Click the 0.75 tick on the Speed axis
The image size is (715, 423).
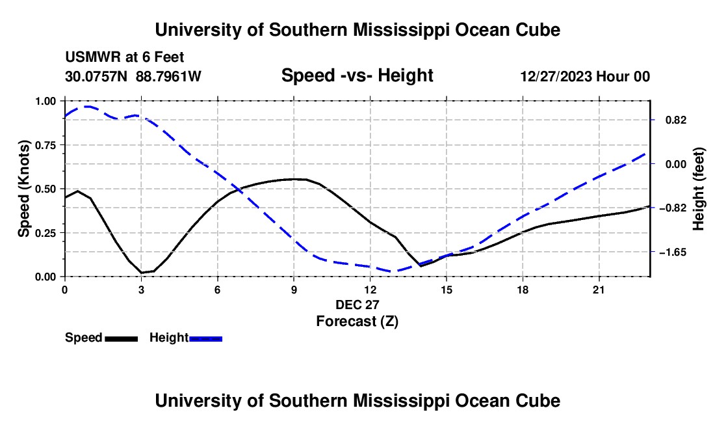[45, 145]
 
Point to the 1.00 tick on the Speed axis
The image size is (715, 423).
[45, 101]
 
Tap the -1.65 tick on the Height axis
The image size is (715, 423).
[673, 252]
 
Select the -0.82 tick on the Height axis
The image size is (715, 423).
[673, 208]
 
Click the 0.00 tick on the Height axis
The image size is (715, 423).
[676, 164]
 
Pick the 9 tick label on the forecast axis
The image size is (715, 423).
[294, 290]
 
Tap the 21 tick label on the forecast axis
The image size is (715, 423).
[599, 290]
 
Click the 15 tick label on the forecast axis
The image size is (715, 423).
[447, 290]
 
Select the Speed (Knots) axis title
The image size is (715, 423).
[23, 189]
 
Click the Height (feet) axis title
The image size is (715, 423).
[699, 189]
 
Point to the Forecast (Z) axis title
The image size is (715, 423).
[357, 321]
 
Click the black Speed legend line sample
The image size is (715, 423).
[122, 338]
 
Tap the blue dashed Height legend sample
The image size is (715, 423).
[205, 338]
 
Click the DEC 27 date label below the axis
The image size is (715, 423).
[357, 305]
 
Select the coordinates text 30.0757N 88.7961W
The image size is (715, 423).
[133, 76]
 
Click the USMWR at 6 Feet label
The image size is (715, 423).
[125, 57]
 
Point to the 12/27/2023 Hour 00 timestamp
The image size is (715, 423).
[585, 76]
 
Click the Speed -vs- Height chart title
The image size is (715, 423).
[357, 75]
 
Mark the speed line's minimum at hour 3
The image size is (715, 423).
[142, 273]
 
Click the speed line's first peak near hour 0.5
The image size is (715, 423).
[77, 191]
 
